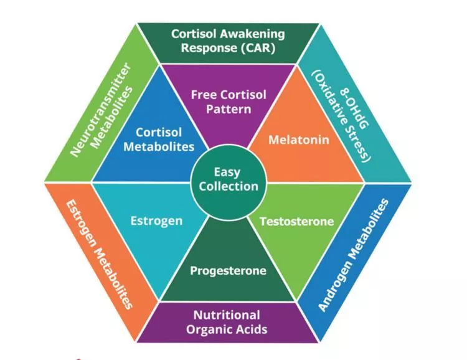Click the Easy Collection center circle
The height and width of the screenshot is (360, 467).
227,179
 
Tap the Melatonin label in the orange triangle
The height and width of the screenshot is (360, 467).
290,140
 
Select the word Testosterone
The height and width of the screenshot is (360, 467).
296,222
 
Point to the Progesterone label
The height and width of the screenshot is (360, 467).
228,271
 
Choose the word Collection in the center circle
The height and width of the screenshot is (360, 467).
227,186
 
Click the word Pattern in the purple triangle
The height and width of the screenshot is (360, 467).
229,109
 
